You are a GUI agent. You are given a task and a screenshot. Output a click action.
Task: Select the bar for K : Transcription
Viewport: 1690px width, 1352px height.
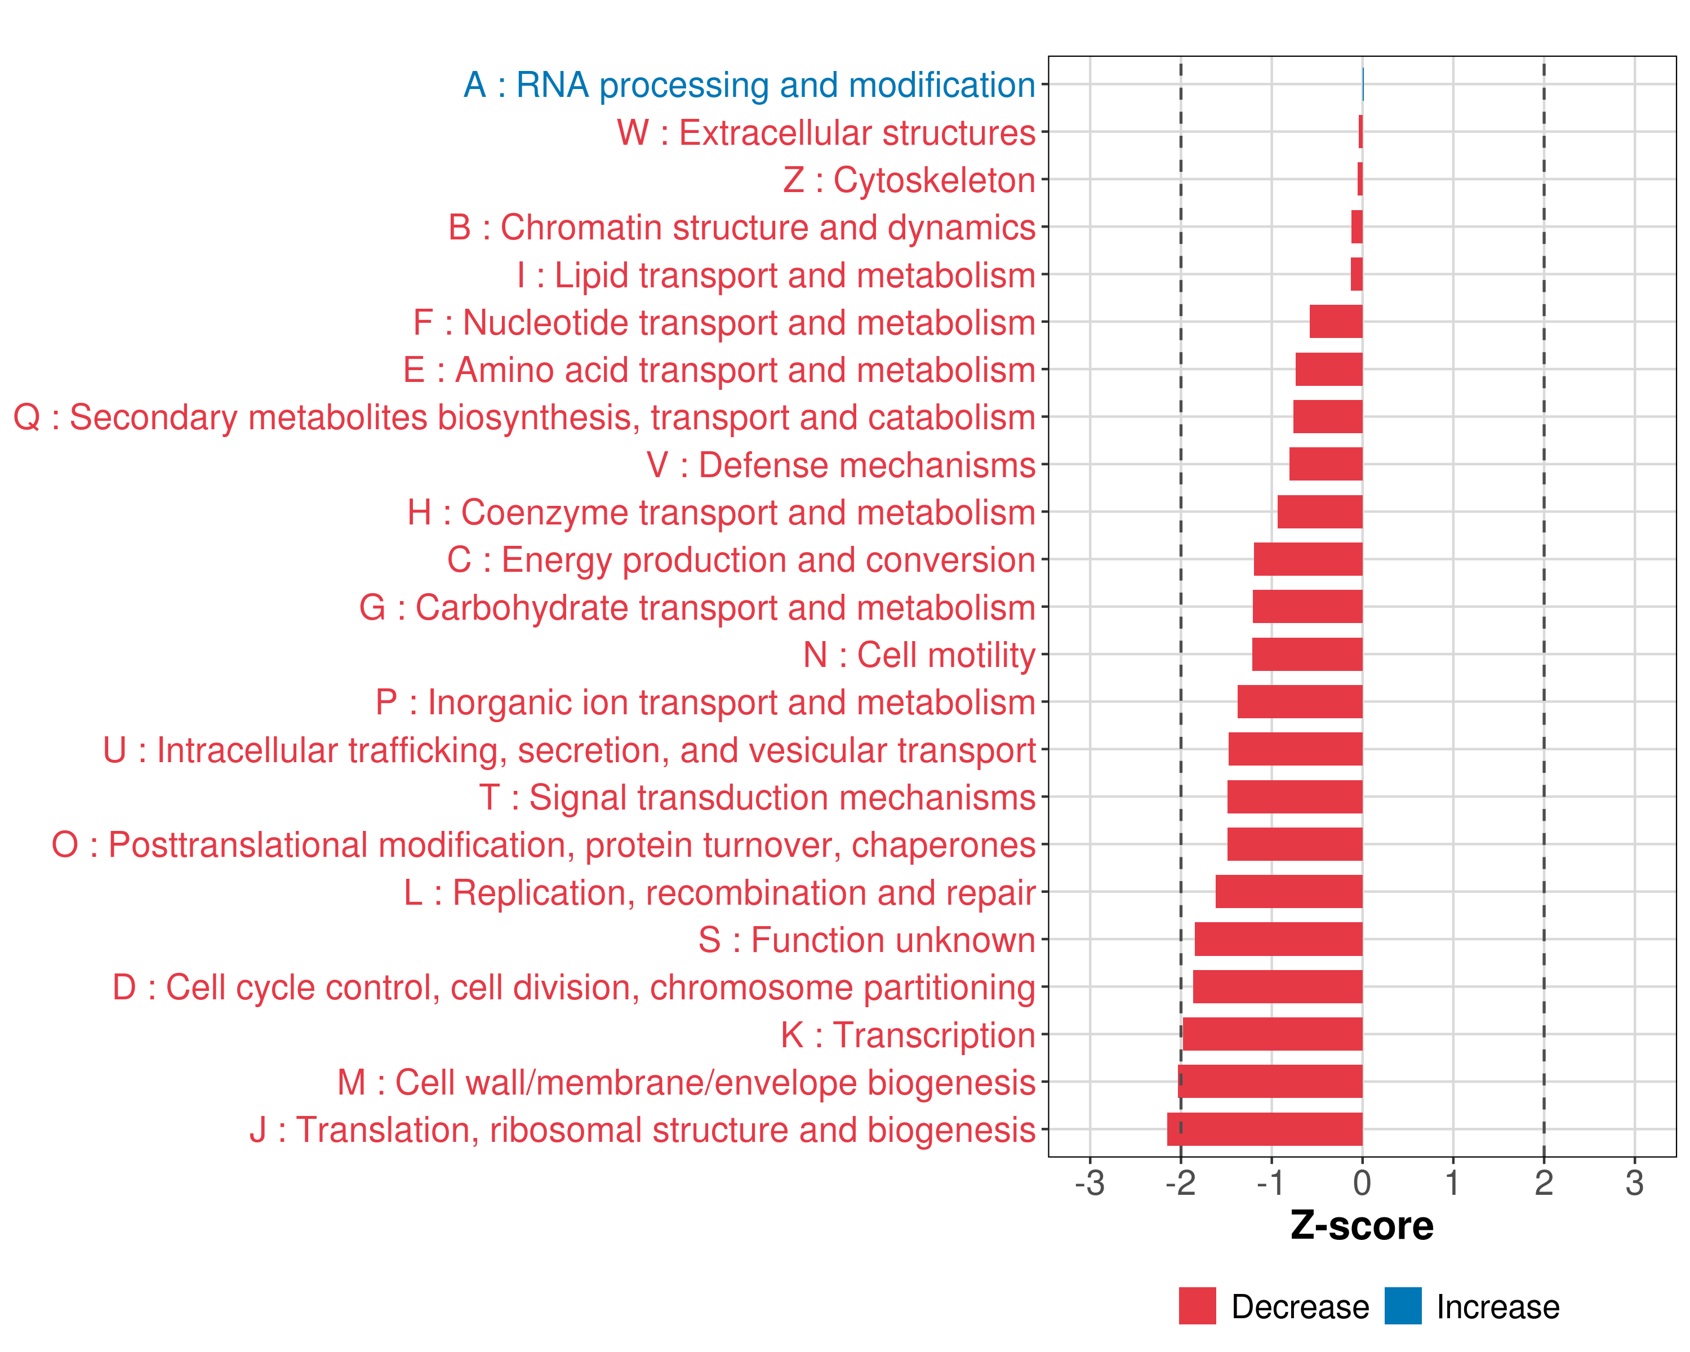[1272, 1034]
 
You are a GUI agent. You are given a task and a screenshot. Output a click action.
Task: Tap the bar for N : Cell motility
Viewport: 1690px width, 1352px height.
[1307, 653]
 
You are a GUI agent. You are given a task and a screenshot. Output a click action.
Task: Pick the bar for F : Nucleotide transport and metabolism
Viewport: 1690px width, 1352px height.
[1336, 321]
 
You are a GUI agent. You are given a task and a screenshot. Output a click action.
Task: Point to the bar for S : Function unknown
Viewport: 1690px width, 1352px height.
[1278, 939]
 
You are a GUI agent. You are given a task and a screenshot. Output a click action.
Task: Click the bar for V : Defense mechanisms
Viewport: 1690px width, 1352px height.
[1326, 464]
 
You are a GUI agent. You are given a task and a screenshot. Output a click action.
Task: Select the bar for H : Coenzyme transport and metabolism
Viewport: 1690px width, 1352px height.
[1319, 512]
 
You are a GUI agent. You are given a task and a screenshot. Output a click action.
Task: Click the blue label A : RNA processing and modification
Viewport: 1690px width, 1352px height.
[749, 84]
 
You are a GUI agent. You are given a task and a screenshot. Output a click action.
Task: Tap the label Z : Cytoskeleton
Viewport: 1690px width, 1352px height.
[909, 180]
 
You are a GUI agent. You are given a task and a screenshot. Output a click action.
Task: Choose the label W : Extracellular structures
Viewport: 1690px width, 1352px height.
[826, 132]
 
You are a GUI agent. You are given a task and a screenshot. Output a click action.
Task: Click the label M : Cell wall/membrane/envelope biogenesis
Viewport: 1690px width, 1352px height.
[687, 1082]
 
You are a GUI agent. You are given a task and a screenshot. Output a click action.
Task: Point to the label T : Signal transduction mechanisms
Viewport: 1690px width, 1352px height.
[757, 797]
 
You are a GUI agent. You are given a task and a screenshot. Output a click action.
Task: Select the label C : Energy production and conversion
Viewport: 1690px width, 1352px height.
[741, 559]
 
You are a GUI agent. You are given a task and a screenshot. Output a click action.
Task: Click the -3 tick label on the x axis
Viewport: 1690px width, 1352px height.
[1089, 1182]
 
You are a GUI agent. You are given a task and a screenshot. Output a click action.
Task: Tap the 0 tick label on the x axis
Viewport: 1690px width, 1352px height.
[1362, 1182]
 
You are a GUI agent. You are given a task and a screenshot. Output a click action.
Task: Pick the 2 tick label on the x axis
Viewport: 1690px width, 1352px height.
[1544, 1182]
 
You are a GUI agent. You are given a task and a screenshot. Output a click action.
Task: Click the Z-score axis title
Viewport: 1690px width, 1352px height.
[1362, 1226]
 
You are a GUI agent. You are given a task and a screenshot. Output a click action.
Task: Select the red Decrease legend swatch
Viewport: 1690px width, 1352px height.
[1197, 1306]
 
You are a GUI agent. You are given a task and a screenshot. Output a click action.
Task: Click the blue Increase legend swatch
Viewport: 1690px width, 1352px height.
[1402, 1306]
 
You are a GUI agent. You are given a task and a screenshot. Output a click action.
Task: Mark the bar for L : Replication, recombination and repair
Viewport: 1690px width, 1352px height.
[1289, 891]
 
